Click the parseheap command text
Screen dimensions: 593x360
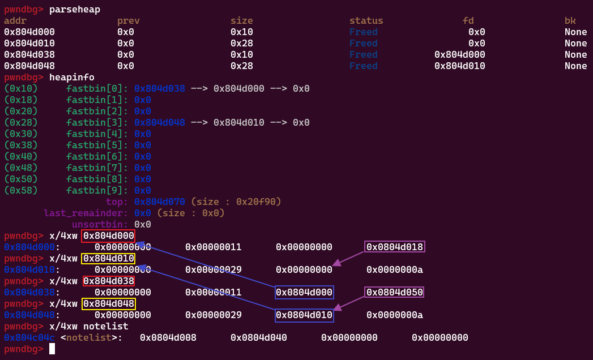[x=75, y=10]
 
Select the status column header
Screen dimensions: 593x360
[x=366, y=20]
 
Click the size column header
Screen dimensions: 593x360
[x=242, y=20]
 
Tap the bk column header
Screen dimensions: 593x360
[x=570, y=20]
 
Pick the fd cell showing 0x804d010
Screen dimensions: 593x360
[x=459, y=66]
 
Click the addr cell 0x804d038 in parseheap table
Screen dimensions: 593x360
[x=29, y=54]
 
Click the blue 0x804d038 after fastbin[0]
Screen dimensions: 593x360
[x=160, y=88]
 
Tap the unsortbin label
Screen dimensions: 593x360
[x=100, y=224]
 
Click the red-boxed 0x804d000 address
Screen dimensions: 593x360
[x=109, y=235]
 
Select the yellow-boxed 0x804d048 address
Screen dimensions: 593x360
[x=109, y=303]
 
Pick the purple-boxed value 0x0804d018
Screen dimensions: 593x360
[x=394, y=247]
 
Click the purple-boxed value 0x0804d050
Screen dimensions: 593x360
[x=394, y=292]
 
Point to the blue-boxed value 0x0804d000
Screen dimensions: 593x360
[x=304, y=292]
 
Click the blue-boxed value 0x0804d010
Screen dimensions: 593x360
[x=304, y=315]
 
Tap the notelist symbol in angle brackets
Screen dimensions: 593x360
[x=89, y=337]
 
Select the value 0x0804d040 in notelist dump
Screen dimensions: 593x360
[x=259, y=337]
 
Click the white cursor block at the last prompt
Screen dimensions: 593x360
[x=52, y=349]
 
